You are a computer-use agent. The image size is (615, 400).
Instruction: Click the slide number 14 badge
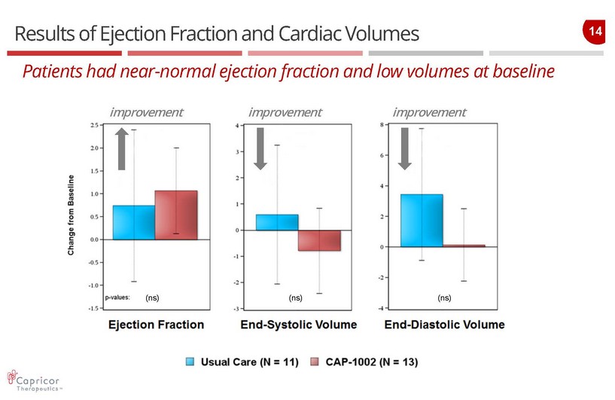(x=594, y=32)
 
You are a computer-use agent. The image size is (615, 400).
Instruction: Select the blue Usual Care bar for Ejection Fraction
(x=134, y=222)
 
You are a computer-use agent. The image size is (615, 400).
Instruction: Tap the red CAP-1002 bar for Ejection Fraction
(x=176, y=215)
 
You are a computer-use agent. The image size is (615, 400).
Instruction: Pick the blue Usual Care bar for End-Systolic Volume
(x=277, y=222)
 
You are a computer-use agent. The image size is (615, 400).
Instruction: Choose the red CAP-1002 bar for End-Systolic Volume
(x=319, y=240)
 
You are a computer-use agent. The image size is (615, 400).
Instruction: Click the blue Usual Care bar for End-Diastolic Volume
(x=422, y=221)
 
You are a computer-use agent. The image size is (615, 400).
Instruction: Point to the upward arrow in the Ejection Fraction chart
(x=121, y=148)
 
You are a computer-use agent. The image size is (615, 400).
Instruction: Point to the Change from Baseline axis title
(x=72, y=215)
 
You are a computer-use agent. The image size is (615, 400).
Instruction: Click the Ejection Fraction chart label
(x=157, y=325)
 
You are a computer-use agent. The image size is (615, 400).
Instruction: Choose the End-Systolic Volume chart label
(x=299, y=325)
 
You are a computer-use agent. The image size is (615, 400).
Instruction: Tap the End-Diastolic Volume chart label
(x=445, y=325)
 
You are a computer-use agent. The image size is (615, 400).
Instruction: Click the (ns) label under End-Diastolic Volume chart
(x=444, y=298)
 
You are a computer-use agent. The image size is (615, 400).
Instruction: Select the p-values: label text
(x=118, y=298)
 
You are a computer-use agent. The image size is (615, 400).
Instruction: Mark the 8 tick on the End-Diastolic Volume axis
(x=383, y=124)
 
